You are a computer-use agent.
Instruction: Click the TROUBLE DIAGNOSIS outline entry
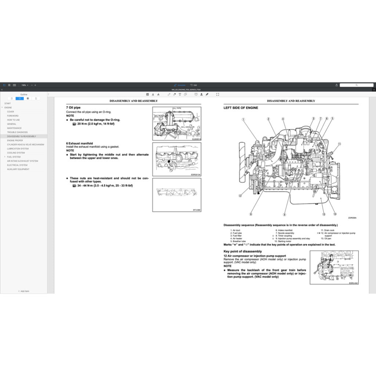(x=17, y=132)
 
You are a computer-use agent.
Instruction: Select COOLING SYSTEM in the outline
(x=16, y=153)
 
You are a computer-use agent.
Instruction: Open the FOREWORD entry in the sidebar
(x=13, y=116)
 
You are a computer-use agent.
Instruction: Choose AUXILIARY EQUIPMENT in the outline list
(x=18, y=169)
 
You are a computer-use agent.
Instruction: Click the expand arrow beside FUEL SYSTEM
(x=5, y=157)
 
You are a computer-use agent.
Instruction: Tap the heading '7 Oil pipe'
(x=73, y=108)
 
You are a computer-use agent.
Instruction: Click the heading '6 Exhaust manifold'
(x=79, y=143)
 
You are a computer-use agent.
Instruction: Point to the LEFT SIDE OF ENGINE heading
(x=241, y=108)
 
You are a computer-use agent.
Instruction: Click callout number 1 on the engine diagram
(x=243, y=119)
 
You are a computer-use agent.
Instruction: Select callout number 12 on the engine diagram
(x=240, y=196)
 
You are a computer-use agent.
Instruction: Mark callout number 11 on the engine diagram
(x=340, y=144)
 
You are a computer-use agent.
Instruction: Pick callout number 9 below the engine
(x=285, y=214)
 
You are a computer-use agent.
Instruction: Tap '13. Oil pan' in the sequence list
(x=326, y=238)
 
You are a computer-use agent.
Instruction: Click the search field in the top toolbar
(x=356, y=85)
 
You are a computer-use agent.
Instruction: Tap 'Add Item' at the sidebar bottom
(x=24, y=291)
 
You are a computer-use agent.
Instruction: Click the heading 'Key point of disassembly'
(x=243, y=251)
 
